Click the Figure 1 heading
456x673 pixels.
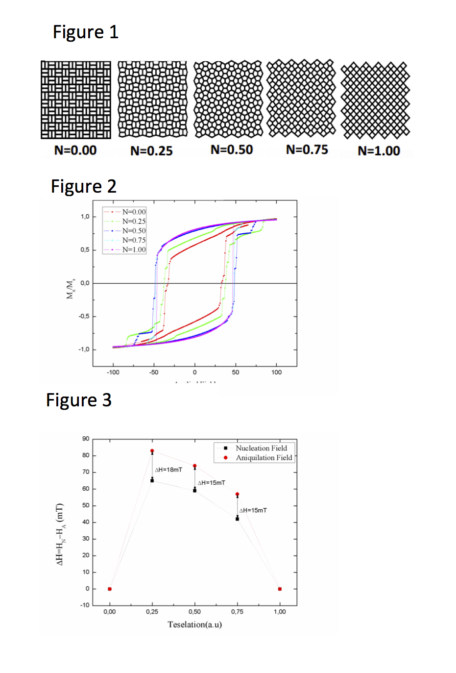[85, 32]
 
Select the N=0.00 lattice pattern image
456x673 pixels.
[76, 100]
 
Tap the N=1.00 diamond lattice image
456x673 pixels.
[375, 100]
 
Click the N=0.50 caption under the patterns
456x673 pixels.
[232, 150]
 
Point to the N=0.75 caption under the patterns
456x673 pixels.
[307, 150]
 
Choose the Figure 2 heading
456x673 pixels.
[84, 186]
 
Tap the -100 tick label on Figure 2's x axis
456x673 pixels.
[113, 373]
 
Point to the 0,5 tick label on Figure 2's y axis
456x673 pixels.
[85, 250]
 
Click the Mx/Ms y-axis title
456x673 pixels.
[71, 289]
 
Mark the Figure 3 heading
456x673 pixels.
[79, 400]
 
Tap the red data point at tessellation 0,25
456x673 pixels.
[152, 451]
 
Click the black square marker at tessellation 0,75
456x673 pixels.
[238, 519]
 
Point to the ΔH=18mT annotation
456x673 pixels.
[168, 470]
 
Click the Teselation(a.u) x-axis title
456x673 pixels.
[194, 624]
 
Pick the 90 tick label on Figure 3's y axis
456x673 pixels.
[86, 439]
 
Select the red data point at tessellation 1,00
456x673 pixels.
[280, 589]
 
